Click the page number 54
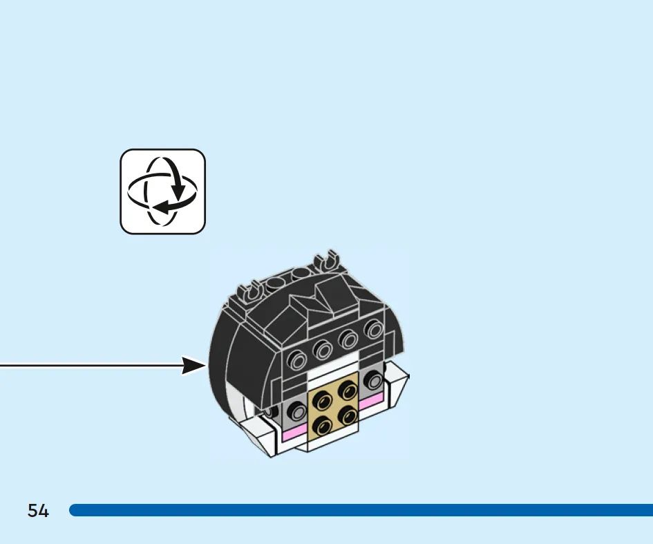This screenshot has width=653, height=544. pyautogui.click(x=38, y=510)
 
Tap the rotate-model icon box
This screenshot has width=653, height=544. pyautogui.click(x=163, y=191)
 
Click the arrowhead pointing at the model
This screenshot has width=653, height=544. pyautogui.click(x=194, y=366)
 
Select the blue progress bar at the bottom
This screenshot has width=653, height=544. pyautogui.click(x=361, y=510)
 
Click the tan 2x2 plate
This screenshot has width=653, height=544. pyautogui.click(x=333, y=406)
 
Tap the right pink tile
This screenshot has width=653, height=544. pyautogui.click(x=370, y=402)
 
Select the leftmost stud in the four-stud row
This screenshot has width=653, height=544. pyautogui.click(x=297, y=360)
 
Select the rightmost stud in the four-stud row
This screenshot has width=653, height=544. pyautogui.click(x=375, y=329)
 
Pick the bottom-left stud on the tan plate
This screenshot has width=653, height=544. pyautogui.click(x=322, y=425)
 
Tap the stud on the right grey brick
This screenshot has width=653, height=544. pyautogui.click(x=374, y=380)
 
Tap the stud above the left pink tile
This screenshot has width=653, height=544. pyautogui.click(x=297, y=411)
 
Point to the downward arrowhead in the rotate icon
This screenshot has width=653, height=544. pyautogui.click(x=179, y=191)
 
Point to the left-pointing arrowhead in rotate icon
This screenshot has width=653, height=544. pyautogui.click(x=162, y=207)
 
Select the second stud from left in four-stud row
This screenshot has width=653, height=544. pyautogui.click(x=323, y=349)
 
